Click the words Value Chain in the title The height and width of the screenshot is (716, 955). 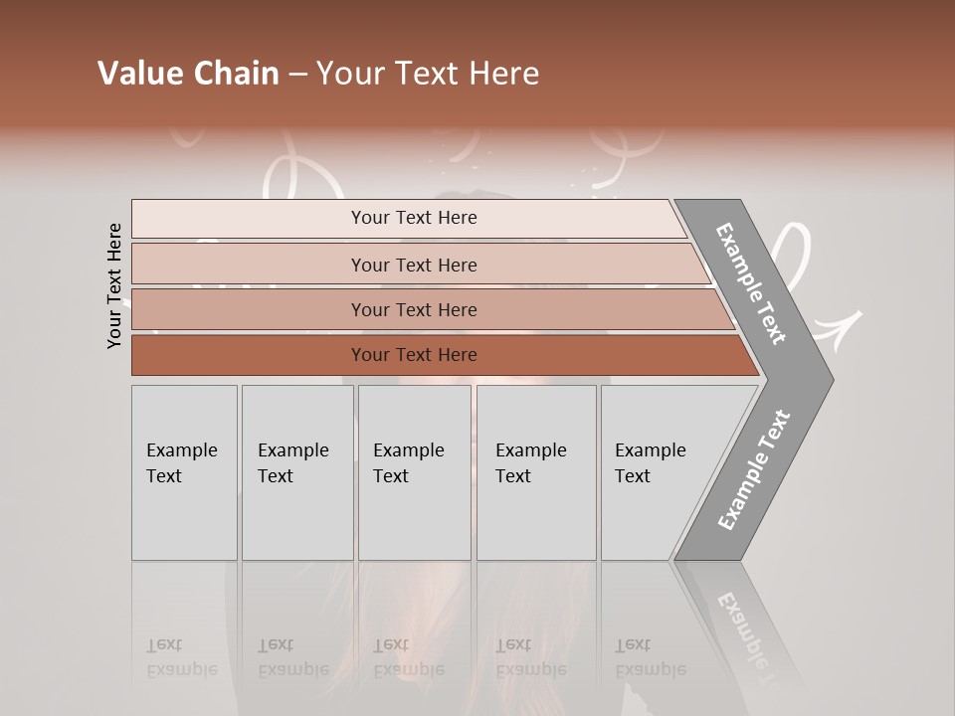tap(188, 74)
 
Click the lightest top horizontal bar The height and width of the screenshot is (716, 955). tap(249, 219)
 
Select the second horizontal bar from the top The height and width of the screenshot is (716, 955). tap(249, 265)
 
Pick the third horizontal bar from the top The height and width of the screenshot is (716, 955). tap(249, 309)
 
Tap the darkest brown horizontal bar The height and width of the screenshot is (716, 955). tap(249, 355)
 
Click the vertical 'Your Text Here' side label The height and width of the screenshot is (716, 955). tap(114, 286)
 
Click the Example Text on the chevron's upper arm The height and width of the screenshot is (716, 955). tap(751, 283)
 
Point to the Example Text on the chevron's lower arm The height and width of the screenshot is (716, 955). tap(754, 469)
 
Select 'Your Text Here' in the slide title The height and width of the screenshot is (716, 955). tap(428, 74)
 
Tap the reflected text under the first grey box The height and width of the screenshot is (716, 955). tap(181, 657)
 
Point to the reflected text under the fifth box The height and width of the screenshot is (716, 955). tap(650, 657)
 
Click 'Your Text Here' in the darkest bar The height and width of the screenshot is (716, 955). tap(414, 355)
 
